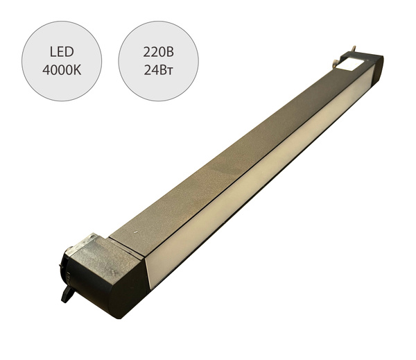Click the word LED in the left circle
62,52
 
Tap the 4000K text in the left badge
62,70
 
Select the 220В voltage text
158,52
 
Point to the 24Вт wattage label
158,70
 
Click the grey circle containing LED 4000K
62,61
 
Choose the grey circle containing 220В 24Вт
158,61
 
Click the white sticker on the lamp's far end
349,64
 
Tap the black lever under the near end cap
68,294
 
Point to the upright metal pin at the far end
354,50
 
